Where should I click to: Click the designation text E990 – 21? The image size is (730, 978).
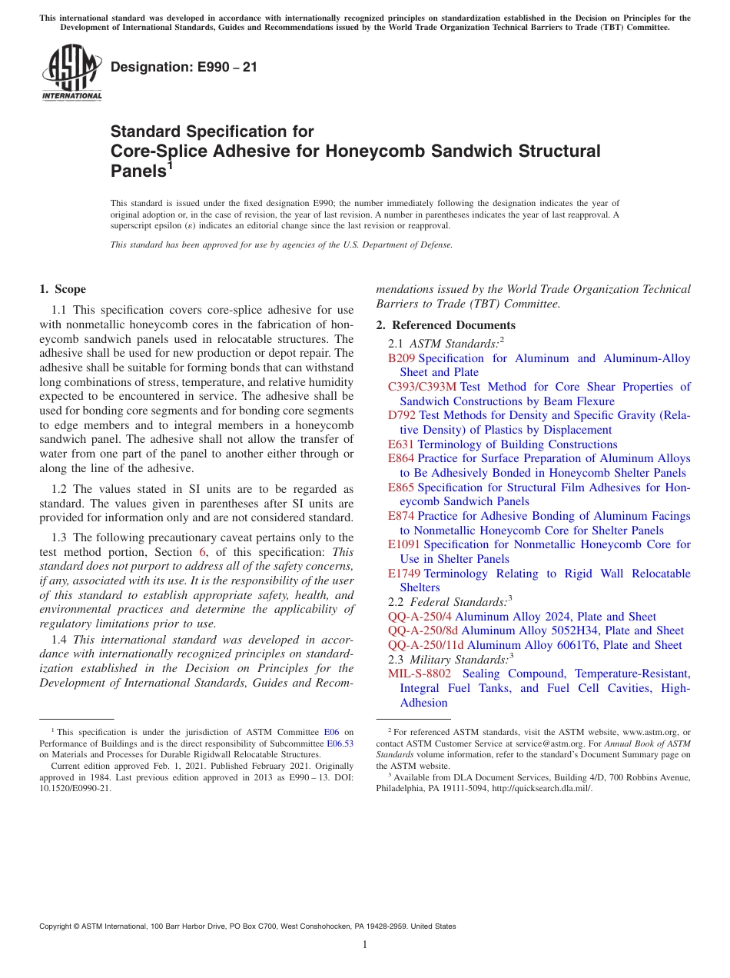tap(184, 68)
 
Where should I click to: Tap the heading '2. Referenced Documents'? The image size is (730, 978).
tap(445, 325)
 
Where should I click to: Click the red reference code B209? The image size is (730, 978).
tap(401, 358)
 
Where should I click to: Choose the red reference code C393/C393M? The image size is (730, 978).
tap(422, 387)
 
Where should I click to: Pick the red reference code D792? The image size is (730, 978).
tap(402, 415)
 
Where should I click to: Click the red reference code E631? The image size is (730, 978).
tap(401, 444)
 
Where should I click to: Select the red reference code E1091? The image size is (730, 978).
tap(404, 544)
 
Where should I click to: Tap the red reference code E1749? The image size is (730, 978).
tap(404, 574)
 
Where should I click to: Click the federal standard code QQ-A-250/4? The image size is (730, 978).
tap(420, 617)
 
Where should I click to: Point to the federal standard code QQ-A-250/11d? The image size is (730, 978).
tap(426, 645)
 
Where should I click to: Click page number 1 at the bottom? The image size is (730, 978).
tap(365, 944)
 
